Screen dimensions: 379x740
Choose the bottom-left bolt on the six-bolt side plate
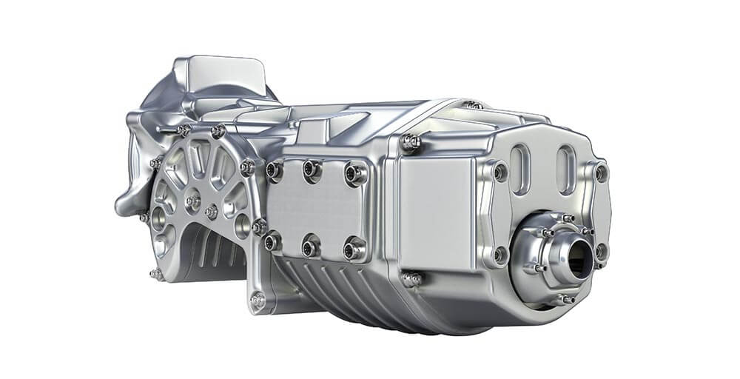click(x=273, y=241)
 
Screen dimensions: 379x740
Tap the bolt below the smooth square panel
click(x=411, y=279)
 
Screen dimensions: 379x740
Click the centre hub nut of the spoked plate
click(x=193, y=201)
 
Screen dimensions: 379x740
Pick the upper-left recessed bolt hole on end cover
click(x=500, y=172)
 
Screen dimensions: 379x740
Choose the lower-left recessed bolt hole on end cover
click(x=501, y=254)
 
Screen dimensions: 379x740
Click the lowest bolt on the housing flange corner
click(x=257, y=301)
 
